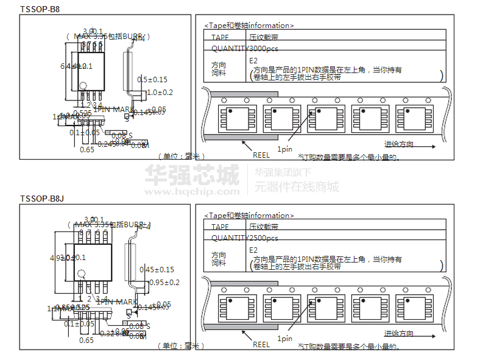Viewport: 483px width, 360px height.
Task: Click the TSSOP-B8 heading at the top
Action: click(40, 9)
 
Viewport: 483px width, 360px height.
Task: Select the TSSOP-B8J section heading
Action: click(42, 199)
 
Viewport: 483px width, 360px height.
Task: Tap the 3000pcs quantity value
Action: click(264, 49)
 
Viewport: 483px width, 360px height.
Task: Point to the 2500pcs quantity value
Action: click(264, 238)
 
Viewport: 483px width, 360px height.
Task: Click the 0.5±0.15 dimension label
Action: click(152, 79)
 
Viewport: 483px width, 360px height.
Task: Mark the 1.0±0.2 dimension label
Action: click(160, 92)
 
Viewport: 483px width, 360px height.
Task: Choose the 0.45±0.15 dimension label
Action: click(157, 269)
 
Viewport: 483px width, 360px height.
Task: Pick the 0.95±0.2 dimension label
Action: click(164, 282)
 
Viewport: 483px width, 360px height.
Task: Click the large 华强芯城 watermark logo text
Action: click(192, 175)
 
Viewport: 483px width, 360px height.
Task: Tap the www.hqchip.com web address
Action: click(192, 191)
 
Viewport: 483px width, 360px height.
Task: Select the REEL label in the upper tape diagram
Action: click(261, 155)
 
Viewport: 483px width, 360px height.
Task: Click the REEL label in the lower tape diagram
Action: click(261, 345)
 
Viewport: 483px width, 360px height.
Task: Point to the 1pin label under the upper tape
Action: click(284, 149)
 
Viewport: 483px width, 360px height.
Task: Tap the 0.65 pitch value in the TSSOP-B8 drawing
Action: click(87, 149)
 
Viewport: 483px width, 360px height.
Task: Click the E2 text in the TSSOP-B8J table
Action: click(253, 250)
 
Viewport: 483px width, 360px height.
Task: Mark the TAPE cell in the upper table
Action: click(220, 37)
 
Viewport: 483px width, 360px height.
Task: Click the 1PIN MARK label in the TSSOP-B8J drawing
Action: click(117, 301)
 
